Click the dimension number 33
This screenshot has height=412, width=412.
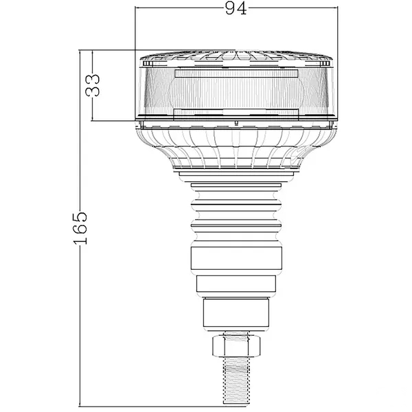point(93,85)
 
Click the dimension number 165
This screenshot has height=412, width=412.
point(80,227)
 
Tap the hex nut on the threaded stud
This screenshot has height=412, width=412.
point(236,346)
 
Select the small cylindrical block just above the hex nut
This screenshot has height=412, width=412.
point(236,312)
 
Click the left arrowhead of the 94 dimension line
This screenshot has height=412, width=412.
point(137,8)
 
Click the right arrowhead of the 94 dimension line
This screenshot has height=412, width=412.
point(335,8)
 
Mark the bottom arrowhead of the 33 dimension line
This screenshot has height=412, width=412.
point(92,118)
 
